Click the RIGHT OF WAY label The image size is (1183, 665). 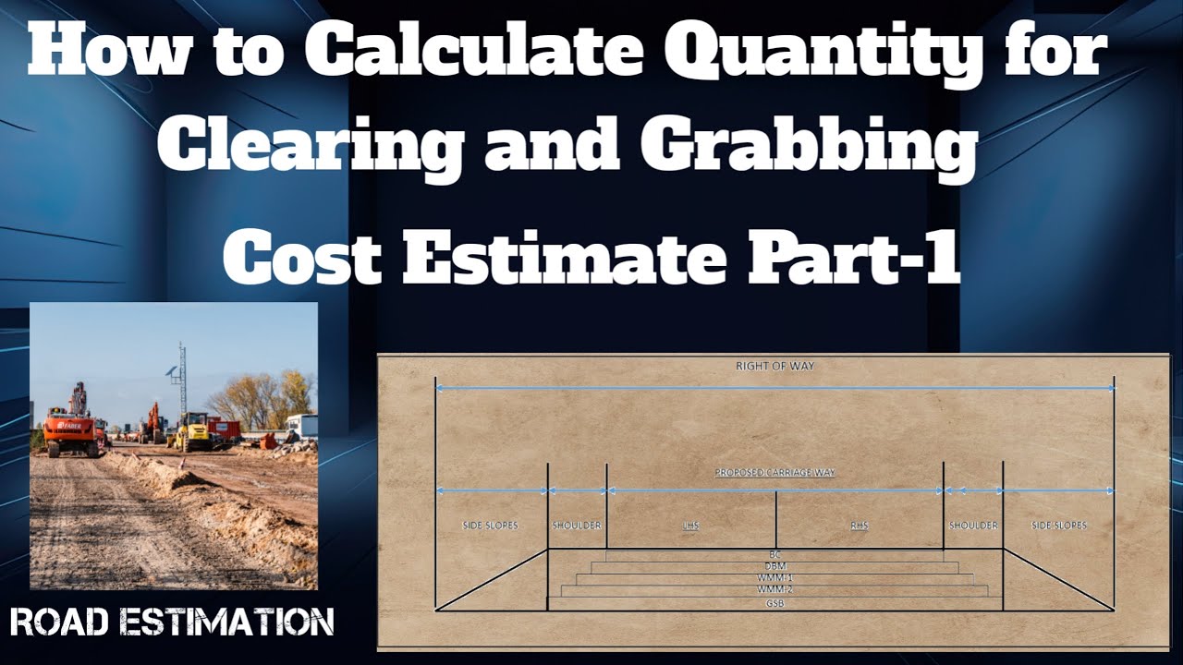774,367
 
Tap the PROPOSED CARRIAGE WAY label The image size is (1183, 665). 774,473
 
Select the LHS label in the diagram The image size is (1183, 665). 690,526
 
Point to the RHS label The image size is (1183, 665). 859,526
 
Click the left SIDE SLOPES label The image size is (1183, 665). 490,526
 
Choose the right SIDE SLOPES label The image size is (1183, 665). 1058,526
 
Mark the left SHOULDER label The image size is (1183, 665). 577,526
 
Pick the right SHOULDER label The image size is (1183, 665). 973,526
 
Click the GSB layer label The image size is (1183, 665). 775,603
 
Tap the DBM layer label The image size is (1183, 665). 775,566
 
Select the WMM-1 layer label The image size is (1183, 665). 775,578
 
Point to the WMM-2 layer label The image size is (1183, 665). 775,590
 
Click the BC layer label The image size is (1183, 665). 775,554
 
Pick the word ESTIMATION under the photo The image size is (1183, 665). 238,622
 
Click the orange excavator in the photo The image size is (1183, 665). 71,425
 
